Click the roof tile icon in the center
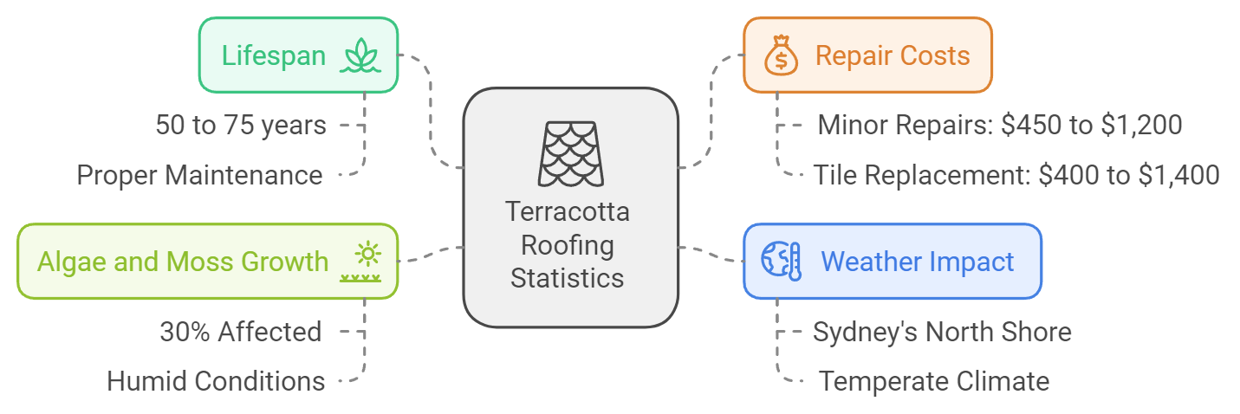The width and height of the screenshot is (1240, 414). (x=570, y=153)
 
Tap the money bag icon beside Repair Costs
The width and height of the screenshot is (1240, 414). (x=780, y=55)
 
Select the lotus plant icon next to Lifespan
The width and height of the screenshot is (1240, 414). (x=360, y=56)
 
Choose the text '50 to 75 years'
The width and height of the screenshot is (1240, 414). (x=241, y=126)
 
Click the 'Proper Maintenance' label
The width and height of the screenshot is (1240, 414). (x=199, y=176)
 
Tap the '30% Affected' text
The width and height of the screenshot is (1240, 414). (x=240, y=332)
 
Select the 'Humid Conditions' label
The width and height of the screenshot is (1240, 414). (x=216, y=381)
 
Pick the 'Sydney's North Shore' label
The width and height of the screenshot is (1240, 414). (x=942, y=332)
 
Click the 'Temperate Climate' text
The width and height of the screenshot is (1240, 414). (x=934, y=381)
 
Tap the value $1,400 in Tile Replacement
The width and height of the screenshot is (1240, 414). (x=1176, y=176)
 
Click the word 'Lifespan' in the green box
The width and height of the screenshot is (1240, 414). (x=274, y=56)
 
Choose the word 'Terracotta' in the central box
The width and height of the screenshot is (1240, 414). (x=568, y=211)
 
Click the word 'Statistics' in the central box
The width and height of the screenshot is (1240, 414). (x=568, y=279)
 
